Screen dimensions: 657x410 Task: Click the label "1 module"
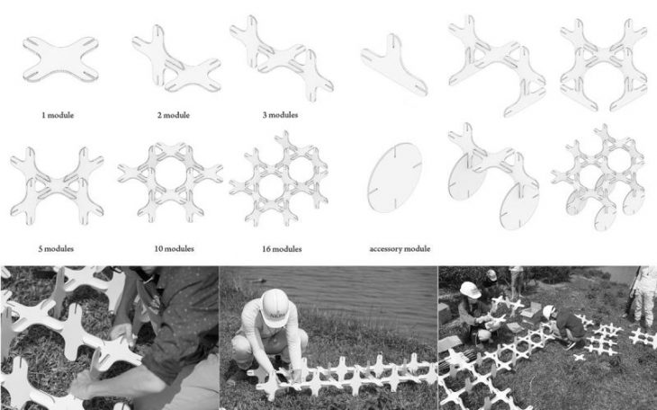pos(58,115)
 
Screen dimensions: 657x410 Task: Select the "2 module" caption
pos(174,115)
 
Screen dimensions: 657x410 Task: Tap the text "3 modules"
pos(280,115)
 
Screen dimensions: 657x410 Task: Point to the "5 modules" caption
pos(56,249)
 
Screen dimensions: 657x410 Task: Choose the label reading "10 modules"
pos(175,249)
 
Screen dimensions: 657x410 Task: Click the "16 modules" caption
pos(282,249)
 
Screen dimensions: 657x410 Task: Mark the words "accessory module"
pos(400,249)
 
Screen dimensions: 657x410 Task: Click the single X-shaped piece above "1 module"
pos(61,58)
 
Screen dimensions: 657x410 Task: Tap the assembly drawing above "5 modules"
pos(57,186)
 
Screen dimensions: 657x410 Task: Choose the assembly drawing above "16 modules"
pos(280,178)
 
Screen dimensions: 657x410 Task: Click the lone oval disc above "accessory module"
pos(394,177)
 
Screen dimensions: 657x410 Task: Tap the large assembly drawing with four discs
pos(598,176)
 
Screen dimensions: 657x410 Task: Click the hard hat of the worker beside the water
pos(274,307)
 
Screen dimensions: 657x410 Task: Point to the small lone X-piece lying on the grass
pos(579,357)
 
